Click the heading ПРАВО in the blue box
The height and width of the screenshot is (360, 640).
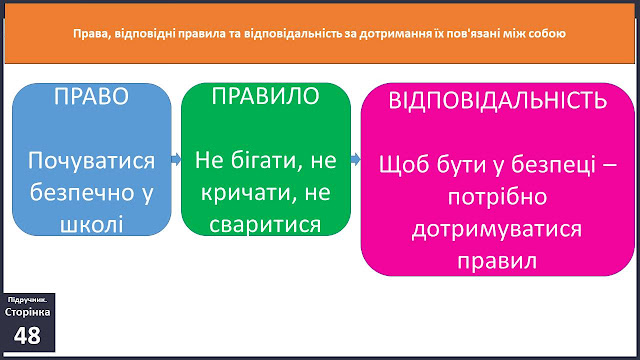pos(91,96)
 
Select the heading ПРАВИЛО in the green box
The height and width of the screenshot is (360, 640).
pos(265,96)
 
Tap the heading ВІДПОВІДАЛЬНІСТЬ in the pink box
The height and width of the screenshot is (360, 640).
pos(498,100)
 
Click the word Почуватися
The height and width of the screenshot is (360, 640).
pos(91,161)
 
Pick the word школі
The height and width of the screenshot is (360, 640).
pos(91,225)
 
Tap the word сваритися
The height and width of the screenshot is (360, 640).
pos(265,225)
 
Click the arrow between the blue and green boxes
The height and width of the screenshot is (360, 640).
pos(176,159)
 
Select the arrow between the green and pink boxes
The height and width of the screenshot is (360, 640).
pos(356,159)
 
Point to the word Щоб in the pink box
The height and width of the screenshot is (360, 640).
pos(404,165)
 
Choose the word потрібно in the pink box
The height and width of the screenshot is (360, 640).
pos(498,197)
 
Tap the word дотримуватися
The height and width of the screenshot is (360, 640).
pos(497,229)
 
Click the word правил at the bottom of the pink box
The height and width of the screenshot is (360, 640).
pos(497,261)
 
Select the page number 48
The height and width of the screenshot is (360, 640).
pos(27,336)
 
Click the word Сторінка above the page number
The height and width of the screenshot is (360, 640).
pos(27,312)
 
